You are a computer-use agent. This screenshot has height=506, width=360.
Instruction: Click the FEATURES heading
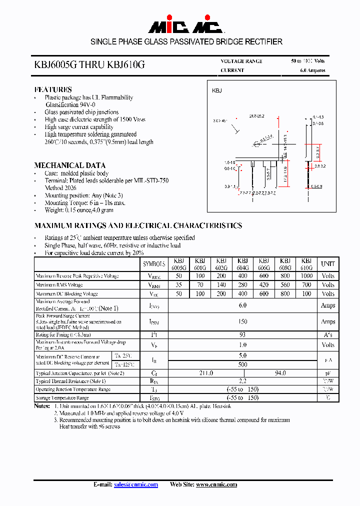(x=53, y=89)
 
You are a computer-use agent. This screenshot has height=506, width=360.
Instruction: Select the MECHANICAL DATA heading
(x=69, y=165)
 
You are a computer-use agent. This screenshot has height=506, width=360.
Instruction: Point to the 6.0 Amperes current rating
(x=312, y=70)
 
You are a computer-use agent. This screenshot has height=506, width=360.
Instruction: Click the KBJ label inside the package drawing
(x=217, y=90)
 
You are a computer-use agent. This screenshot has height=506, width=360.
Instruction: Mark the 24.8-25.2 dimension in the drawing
(x=256, y=116)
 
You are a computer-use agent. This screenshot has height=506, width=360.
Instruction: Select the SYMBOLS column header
(x=154, y=263)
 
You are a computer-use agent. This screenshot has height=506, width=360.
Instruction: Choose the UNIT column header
(x=328, y=263)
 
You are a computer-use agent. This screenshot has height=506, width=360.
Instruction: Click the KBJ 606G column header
(x=264, y=264)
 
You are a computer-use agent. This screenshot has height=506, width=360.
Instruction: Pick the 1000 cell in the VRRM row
(x=306, y=276)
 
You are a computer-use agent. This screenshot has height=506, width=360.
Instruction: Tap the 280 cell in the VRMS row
(x=242, y=285)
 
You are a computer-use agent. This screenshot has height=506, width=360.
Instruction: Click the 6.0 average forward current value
(x=242, y=305)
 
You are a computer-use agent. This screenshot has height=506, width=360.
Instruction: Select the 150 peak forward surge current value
(x=242, y=321)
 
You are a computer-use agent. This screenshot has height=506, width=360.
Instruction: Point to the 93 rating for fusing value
(x=242, y=334)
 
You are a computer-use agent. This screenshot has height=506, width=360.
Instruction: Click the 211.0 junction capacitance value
(x=205, y=373)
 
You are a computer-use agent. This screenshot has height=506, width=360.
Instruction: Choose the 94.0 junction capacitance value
(x=280, y=373)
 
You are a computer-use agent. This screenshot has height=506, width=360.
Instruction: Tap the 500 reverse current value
(x=242, y=364)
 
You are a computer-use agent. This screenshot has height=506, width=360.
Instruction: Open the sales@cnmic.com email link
(x=136, y=484)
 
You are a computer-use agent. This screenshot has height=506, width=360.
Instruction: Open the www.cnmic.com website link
(x=216, y=484)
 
